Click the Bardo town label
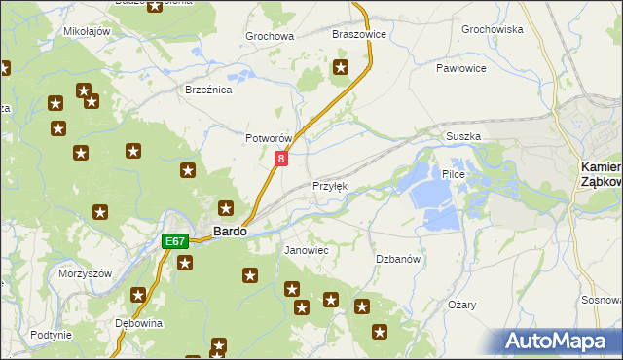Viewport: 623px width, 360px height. pyautogui.click(x=230, y=233)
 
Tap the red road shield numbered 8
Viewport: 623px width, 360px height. pyautogui.click(x=281, y=158)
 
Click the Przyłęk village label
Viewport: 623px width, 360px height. pyautogui.click(x=329, y=186)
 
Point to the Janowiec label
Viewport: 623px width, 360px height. pyautogui.click(x=306, y=250)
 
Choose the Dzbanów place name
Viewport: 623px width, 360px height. pyautogui.click(x=398, y=259)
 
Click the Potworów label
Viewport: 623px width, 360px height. pyautogui.click(x=269, y=139)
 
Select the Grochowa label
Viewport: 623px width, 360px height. pyautogui.click(x=270, y=37)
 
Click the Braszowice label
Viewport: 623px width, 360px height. pyautogui.click(x=359, y=34)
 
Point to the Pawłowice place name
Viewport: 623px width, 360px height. pyautogui.click(x=460, y=69)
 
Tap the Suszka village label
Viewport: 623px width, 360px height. pyautogui.click(x=463, y=137)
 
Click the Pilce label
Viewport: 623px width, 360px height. pyautogui.click(x=455, y=174)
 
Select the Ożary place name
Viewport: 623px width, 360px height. pyautogui.click(x=461, y=305)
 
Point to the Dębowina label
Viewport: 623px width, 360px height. pyautogui.click(x=137, y=323)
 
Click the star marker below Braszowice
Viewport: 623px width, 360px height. pyautogui.click(x=342, y=67)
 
